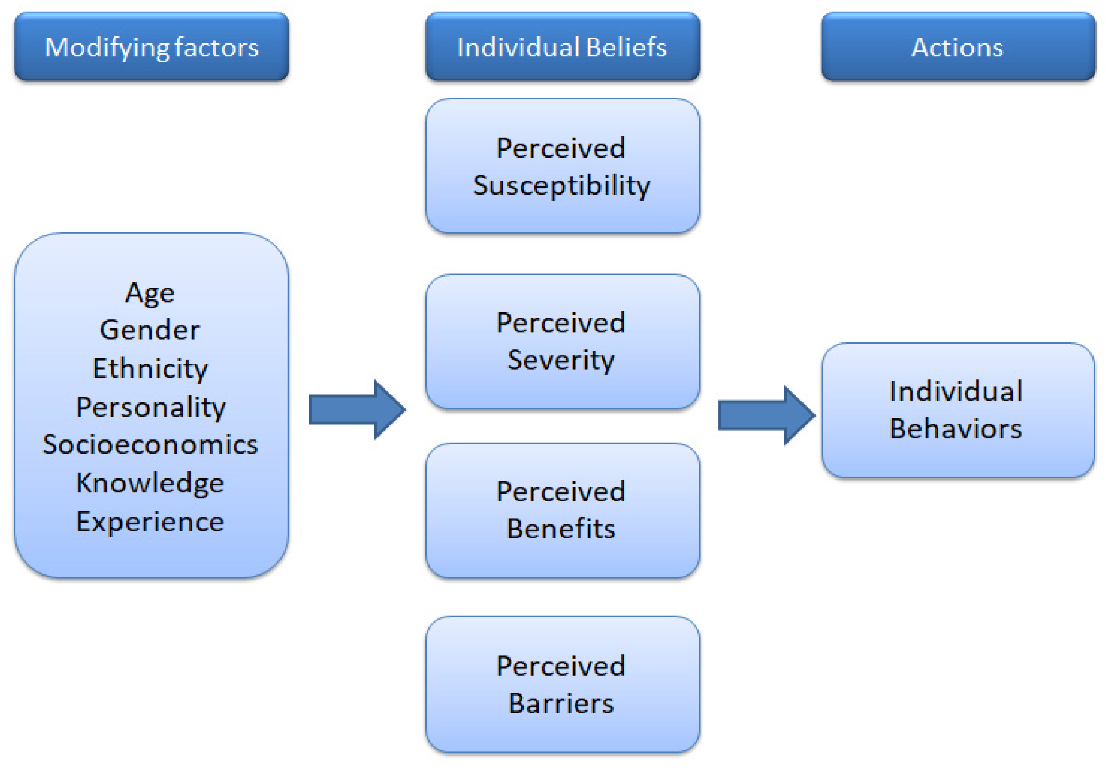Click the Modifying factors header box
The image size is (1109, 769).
(152, 47)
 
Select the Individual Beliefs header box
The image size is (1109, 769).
(562, 47)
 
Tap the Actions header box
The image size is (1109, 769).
(958, 47)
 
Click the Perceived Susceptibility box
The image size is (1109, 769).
(562, 166)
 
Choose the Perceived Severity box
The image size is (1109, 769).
(562, 341)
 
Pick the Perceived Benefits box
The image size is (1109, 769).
(562, 510)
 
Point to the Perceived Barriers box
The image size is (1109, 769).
(562, 684)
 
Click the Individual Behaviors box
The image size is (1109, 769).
(958, 410)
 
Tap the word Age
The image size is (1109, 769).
(150, 292)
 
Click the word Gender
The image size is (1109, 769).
(150, 330)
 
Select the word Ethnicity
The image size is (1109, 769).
(150, 369)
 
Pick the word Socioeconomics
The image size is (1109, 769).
(150, 444)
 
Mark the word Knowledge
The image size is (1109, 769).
(150, 483)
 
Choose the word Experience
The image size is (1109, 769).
(150, 521)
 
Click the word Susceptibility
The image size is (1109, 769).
(562, 186)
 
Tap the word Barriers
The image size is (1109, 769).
(561, 703)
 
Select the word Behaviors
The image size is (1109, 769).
(956, 428)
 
